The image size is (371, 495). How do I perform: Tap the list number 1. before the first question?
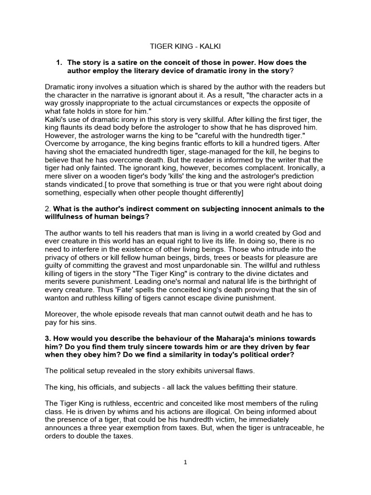pyautogui.click(x=59, y=63)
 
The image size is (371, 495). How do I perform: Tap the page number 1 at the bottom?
pyautogui.click(x=185, y=462)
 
